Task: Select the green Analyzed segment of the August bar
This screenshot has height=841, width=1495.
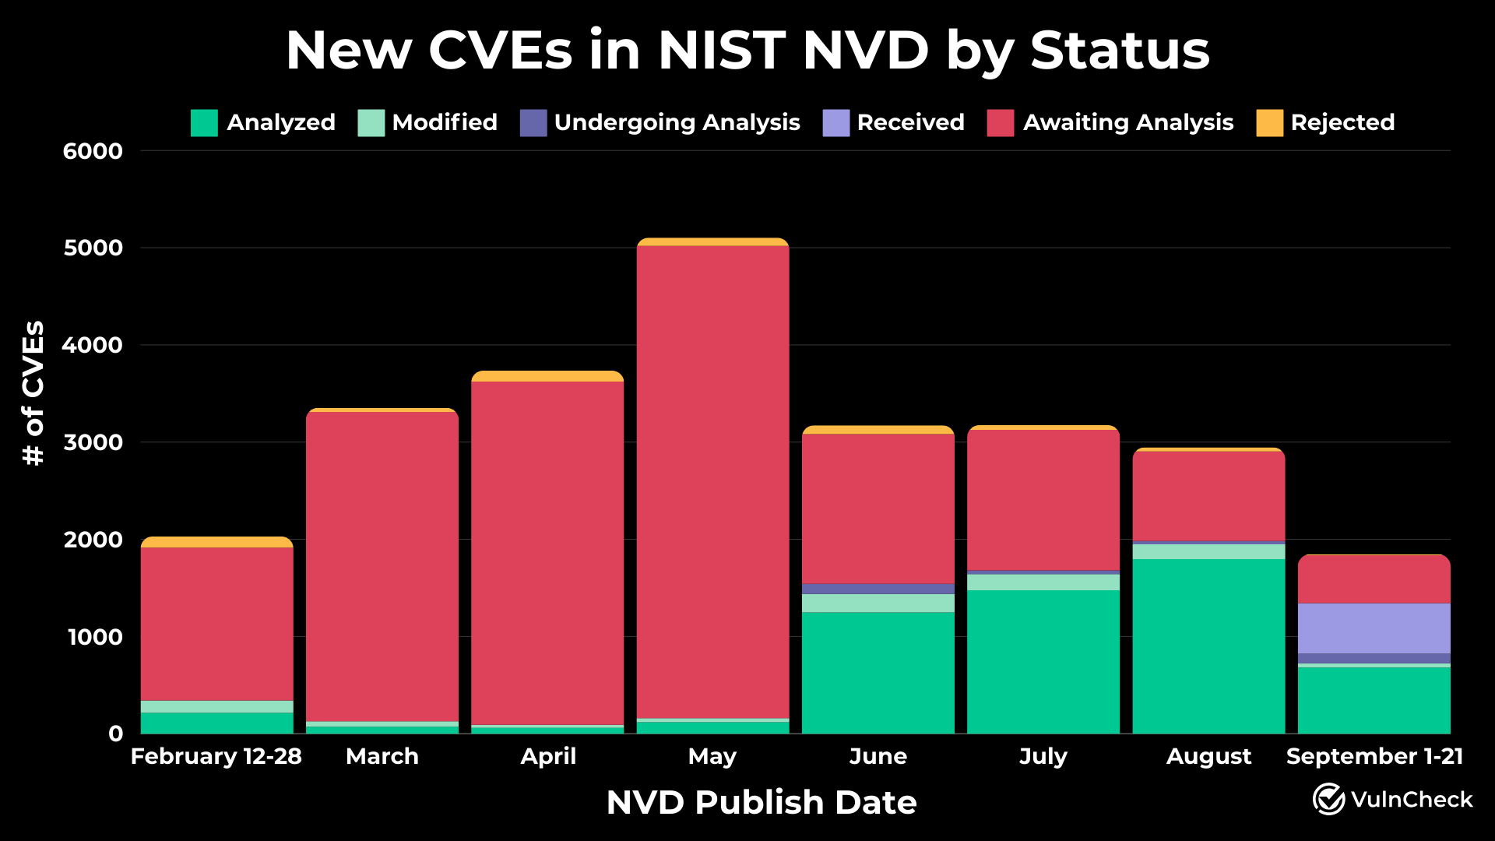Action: pos(1208,646)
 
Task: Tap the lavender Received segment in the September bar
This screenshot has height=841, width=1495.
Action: pos(1374,628)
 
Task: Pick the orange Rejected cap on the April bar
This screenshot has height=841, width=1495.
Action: pos(547,376)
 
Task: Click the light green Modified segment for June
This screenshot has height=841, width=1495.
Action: pos(878,603)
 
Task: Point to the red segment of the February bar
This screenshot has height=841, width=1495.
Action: pos(216,623)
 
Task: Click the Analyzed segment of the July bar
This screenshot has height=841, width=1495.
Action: pos(1043,662)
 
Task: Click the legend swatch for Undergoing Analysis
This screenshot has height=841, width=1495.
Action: pos(533,123)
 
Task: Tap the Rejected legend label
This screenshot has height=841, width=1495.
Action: pos(1342,122)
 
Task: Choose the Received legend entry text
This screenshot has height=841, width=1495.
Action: pos(910,122)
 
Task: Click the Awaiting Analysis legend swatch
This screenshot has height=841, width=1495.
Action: pos(1000,123)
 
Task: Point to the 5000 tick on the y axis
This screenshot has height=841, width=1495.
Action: pos(93,248)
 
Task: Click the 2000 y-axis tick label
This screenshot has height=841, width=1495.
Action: pos(93,540)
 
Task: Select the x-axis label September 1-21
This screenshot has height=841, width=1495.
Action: pos(1374,756)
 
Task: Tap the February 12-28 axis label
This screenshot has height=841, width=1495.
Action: pos(216,756)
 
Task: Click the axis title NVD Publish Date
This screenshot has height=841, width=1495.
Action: pos(761,802)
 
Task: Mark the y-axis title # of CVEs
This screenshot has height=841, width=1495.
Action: pos(33,393)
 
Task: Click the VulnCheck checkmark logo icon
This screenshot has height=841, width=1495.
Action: pos(1328,799)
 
